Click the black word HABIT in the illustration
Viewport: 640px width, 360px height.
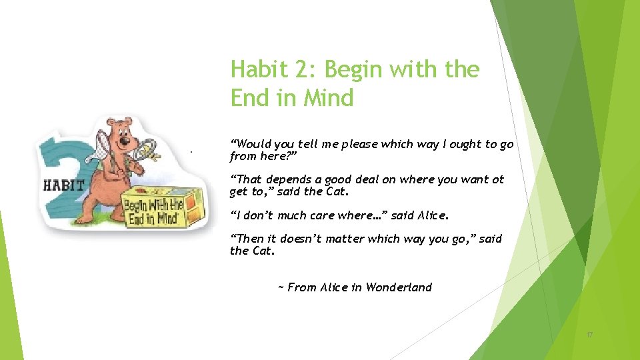pos(63,185)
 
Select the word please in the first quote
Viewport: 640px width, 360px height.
pos(361,144)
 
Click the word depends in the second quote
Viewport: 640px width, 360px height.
pos(287,180)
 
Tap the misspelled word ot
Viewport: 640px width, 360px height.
pos(497,179)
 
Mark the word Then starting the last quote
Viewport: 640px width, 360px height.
pos(248,239)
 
